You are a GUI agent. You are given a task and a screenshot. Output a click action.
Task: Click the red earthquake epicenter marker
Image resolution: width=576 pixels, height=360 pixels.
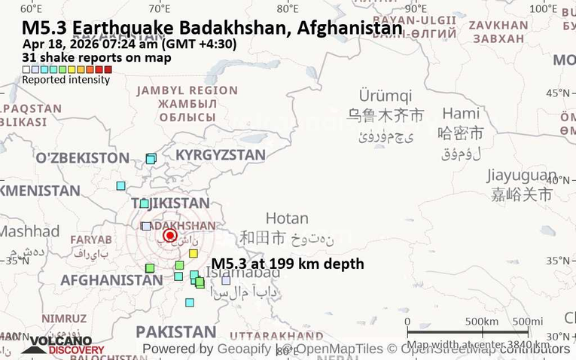pos(169,235)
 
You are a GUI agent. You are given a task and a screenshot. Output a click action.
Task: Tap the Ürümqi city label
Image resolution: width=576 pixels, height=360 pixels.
pos(385,96)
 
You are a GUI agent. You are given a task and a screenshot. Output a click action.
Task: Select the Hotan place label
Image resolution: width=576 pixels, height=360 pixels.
pos(287,218)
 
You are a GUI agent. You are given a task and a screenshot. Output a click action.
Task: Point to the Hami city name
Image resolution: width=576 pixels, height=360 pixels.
pos(461,114)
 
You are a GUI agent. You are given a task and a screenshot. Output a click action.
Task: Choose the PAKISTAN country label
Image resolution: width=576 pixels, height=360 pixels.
pos(175,332)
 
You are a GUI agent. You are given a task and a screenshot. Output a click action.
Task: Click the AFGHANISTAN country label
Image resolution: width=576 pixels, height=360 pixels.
pos(111,279)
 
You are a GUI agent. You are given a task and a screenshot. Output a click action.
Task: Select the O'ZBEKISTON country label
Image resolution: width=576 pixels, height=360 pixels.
pos(82,157)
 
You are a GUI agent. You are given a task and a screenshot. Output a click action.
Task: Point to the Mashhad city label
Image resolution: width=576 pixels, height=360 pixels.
pos(29,231)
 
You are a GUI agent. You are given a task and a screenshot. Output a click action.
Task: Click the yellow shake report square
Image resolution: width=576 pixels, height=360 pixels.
pos(194,253)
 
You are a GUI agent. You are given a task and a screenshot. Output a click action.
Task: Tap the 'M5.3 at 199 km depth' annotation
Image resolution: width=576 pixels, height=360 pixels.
pos(288,264)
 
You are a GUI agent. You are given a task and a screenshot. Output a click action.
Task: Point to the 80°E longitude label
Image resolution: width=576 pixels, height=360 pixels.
pos(287,9)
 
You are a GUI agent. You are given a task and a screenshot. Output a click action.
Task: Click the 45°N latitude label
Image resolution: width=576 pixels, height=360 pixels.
pos(558,93)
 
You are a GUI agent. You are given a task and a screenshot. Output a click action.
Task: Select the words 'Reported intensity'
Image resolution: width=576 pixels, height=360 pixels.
pos(66,80)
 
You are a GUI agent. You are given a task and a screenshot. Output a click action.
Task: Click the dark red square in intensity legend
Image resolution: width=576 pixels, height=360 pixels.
pos(108,69)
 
